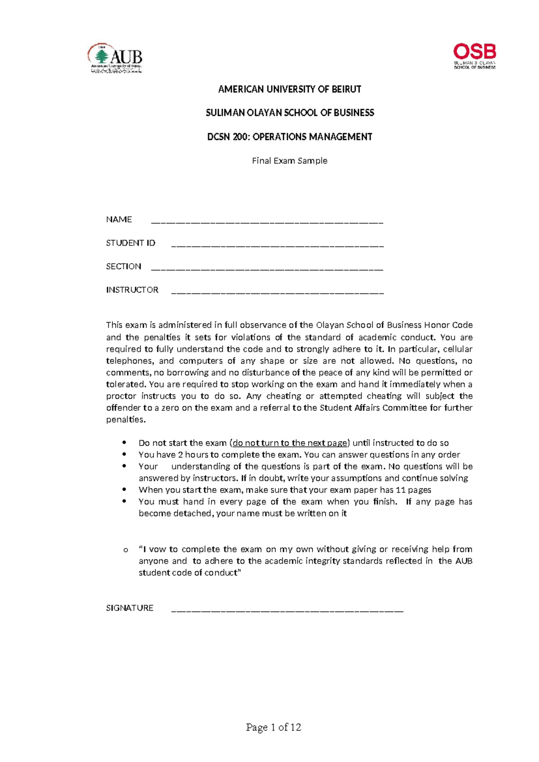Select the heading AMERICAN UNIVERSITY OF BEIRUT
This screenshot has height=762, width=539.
(x=289, y=89)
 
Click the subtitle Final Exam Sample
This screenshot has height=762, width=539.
(x=289, y=161)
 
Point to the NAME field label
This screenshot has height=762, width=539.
(x=119, y=220)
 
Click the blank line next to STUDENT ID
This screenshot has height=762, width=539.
(x=278, y=245)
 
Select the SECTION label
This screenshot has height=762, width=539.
(x=124, y=266)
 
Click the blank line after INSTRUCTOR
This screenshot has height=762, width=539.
(x=278, y=292)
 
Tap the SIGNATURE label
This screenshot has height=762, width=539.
(x=130, y=608)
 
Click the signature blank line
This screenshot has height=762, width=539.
(x=287, y=611)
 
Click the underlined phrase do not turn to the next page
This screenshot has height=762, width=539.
(x=290, y=443)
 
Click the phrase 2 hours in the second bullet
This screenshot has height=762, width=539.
(x=193, y=455)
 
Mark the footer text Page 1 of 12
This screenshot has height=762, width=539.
(x=274, y=727)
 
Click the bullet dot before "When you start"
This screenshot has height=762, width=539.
(x=124, y=489)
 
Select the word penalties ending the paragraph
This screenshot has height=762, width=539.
(x=125, y=420)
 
